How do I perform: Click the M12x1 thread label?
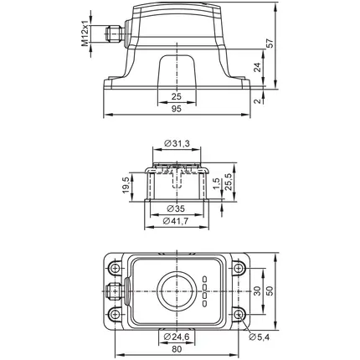pos(85,33)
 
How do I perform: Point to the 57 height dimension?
pos(270,44)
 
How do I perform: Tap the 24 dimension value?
pos(258,67)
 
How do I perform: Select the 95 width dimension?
pos(177,109)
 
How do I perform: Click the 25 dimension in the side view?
pos(177,96)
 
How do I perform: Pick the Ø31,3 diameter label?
pos(177,143)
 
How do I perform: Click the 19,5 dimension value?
pos(126,185)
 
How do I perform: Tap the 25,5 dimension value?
pos(229,182)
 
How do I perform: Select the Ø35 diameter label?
pos(176,208)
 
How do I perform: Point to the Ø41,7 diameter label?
pos(176,221)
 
